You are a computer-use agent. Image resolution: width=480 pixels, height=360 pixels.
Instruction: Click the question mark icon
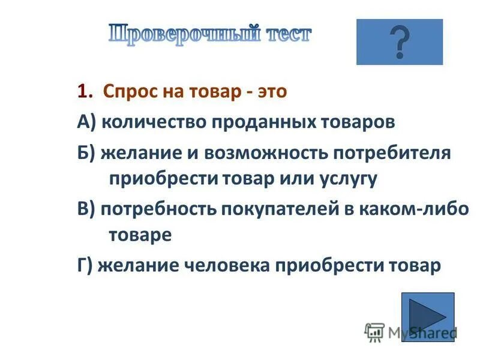click(x=399, y=42)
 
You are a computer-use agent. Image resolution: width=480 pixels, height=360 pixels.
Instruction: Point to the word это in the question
click(x=272, y=91)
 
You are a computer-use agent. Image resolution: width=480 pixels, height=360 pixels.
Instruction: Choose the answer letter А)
click(x=86, y=122)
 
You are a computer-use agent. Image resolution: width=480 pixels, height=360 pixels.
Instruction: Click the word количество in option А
click(x=153, y=122)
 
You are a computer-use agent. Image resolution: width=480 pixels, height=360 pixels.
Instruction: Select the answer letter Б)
click(x=86, y=152)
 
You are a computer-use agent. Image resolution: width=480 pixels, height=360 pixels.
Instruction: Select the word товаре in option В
click(x=140, y=235)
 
